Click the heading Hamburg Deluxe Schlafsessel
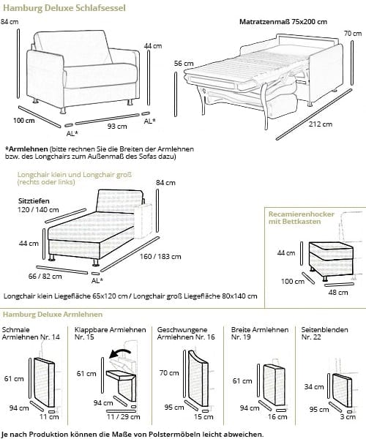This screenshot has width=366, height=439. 64,8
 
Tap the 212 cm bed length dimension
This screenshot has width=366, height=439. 321,124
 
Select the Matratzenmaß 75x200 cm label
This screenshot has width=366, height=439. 283,21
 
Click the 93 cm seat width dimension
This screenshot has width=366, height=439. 117,127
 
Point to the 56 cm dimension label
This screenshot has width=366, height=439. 184,64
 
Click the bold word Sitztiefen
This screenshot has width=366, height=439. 34,201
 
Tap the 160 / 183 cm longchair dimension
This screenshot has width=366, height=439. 160,257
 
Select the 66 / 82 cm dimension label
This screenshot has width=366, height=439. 45,277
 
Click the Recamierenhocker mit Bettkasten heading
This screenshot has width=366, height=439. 302,218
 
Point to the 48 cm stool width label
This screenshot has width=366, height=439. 338,293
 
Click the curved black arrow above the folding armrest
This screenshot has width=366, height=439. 119,353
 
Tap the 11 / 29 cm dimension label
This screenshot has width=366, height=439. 123,416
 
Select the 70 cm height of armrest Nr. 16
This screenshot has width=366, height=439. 169,373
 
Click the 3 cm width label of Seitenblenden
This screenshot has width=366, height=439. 348,417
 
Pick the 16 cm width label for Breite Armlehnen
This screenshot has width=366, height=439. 277,417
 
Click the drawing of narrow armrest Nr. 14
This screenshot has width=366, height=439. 44,382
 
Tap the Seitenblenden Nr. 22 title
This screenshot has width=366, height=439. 324,333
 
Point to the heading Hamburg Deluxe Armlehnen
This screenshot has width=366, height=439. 53,315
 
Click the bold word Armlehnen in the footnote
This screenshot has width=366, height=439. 27,149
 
